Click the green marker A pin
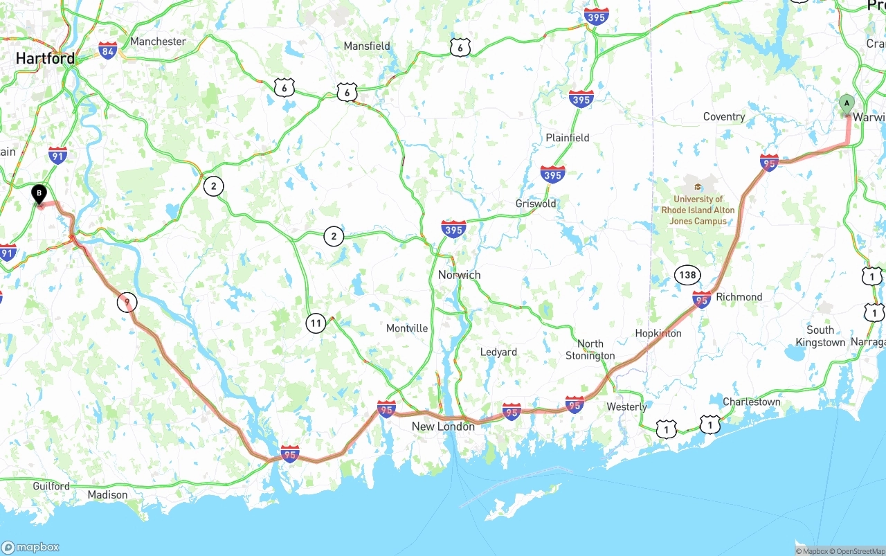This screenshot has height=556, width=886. tap(846, 104)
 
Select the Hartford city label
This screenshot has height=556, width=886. tap(45, 58)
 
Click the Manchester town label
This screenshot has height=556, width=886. tap(158, 42)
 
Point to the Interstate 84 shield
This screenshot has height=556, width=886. tap(107, 51)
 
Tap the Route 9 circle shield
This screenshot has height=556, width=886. tap(127, 302)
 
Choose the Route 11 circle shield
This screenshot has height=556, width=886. tap(316, 323)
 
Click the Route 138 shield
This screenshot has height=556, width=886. tap(687, 275)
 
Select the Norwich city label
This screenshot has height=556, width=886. tap(459, 275)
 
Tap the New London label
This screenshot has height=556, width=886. tap(443, 427)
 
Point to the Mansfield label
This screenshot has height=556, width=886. tap(367, 46)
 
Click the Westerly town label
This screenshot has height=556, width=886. tap(626, 407)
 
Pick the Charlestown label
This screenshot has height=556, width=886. tap(751, 402)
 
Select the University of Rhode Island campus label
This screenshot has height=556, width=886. tap(698, 210)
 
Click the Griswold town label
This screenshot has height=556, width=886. tap(536, 204)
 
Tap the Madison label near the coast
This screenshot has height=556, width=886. tap(107, 495)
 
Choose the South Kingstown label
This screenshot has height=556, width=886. tap(820, 337)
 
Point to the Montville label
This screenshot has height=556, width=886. tap(407, 328)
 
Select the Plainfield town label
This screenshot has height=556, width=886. tap(567, 138)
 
